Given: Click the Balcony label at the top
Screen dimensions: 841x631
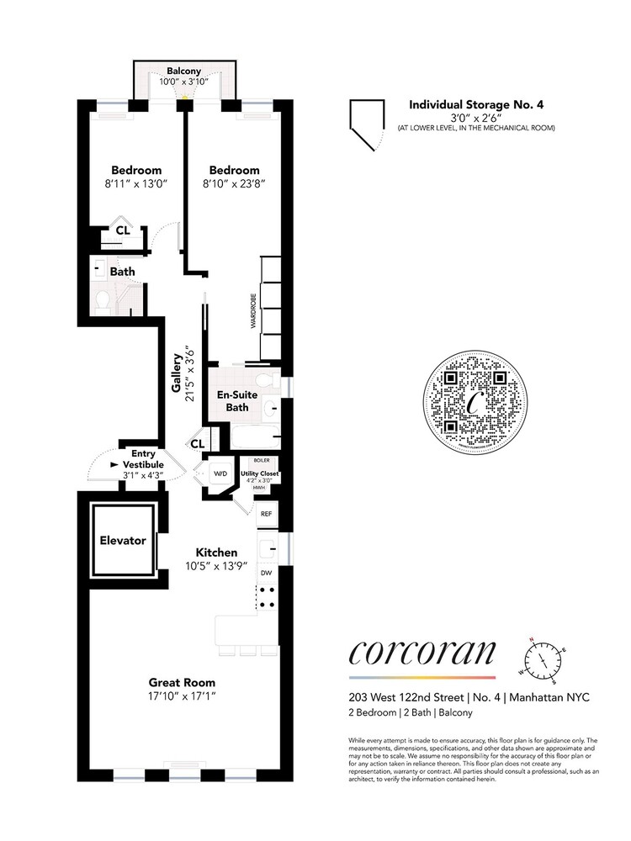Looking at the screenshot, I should (x=183, y=71).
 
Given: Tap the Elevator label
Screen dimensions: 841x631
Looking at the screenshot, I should (x=124, y=541).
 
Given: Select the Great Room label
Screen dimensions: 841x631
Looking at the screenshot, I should (x=182, y=682).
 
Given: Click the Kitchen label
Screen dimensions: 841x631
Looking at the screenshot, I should (x=216, y=552).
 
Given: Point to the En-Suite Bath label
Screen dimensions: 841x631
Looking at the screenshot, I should (x=237, y=401).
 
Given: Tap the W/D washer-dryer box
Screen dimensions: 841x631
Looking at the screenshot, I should (x=220, y=474).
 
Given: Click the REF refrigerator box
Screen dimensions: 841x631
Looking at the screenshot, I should (x=266, y=513).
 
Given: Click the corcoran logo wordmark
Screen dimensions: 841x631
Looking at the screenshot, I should (x=422, y=653).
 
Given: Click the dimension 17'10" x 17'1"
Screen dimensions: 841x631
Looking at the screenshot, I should (x=182, y=696).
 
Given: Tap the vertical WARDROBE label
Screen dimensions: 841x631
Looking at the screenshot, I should (x=252, y=311).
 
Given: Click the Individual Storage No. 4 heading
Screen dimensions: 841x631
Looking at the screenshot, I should (x=476, y=105).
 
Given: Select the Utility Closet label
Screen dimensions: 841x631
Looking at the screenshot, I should (x=261, y=473).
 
